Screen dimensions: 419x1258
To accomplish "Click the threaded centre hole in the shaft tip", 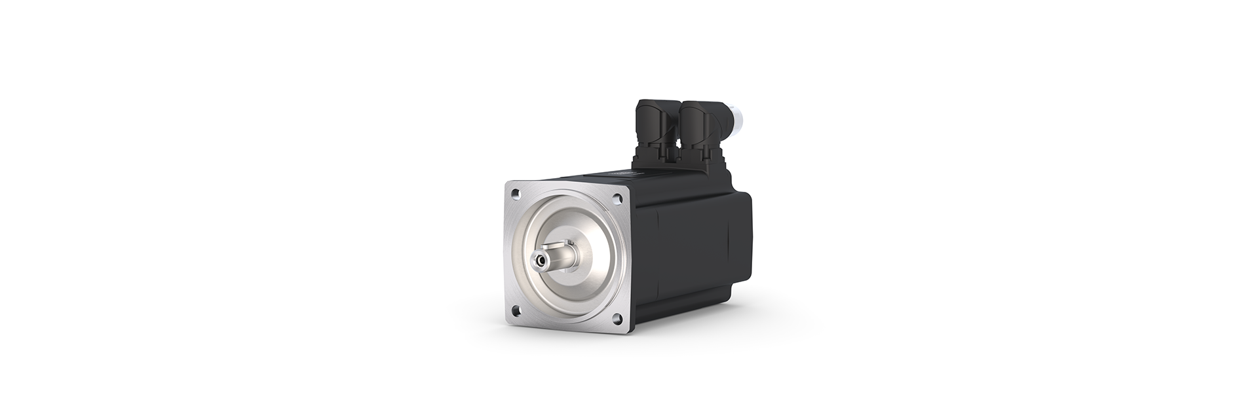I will click(541, 261).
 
